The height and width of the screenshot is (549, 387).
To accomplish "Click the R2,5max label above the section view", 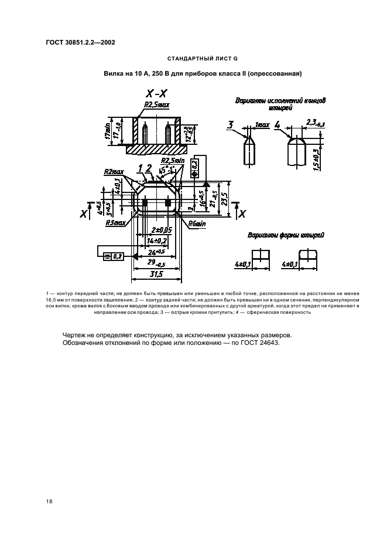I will [x=156, y=106].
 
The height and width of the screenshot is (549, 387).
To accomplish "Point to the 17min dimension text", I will [x=108, y=131].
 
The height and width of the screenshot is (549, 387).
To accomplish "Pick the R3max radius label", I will [x=115, y=223].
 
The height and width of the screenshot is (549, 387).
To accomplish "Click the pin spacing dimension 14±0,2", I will [x=156, y=240].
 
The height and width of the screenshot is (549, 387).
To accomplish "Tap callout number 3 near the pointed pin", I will [x=230, y=124].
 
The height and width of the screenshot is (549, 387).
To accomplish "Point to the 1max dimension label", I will [x=262, y=125].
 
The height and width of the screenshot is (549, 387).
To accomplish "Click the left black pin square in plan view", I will [x=144, y=203].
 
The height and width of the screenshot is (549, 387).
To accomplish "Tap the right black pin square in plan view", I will [x=168, y=203].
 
